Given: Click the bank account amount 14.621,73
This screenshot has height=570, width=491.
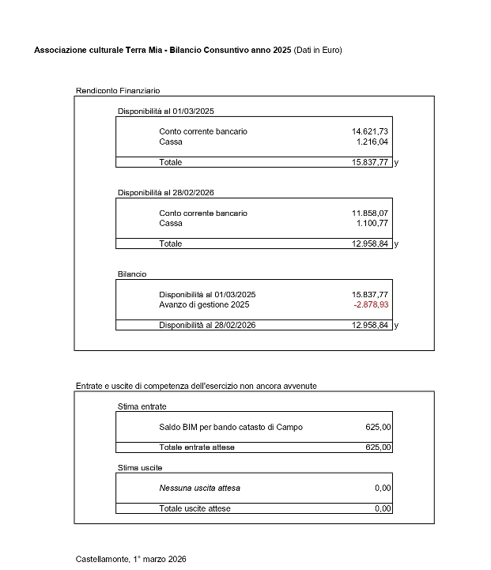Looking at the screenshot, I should click(x=370, y=131).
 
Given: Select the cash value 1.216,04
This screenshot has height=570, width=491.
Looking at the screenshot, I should click(x=372, y=142).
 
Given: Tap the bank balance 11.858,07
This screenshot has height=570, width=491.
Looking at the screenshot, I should click(x=370, y=213).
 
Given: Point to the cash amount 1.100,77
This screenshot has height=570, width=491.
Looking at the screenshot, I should click(x=372, y=224).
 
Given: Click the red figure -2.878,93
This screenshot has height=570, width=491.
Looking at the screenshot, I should click(x=371, y=304).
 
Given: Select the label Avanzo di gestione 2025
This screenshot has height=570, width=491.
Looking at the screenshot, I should click(x=204, y=304).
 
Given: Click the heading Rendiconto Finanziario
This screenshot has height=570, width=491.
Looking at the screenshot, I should click(x=118, y=91).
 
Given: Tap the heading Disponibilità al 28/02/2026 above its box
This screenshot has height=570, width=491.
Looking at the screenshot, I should click(x=166, y=193).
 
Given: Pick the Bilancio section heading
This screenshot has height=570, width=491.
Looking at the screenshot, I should click(x=132, y=274).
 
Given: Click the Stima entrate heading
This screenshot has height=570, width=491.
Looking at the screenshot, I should click(x=142, y=406).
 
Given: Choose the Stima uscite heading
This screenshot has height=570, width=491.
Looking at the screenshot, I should click(x=140, y=468).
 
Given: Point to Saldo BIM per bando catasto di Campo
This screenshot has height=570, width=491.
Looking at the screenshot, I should click(x=231, y=427).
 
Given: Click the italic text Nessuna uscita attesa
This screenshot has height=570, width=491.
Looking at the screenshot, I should click(x=199, y=488).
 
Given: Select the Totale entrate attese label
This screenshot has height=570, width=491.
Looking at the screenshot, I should click(x=197, y=447).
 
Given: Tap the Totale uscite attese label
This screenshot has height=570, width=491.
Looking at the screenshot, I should click(x=195, y=508).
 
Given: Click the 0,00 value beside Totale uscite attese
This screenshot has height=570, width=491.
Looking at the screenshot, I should click(x=383, y=508).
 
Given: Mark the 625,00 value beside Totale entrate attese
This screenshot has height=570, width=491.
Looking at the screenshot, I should click(x=378, y=447).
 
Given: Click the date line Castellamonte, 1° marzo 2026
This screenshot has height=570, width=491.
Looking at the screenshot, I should click(x=131, y=559).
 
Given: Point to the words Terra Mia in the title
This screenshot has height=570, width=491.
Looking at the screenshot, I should click(x=143, y=50).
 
